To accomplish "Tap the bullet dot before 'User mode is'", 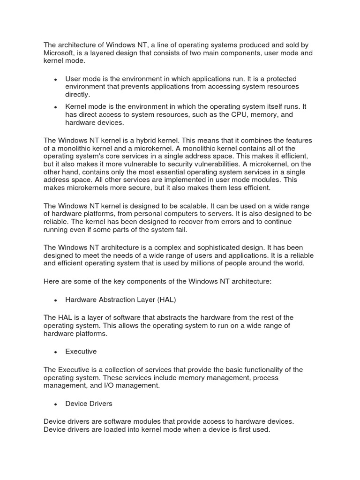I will (56, 79).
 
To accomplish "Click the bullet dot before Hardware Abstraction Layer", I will (56, 300).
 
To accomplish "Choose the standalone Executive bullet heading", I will (81, 351).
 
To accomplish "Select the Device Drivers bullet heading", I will (89, 403).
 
